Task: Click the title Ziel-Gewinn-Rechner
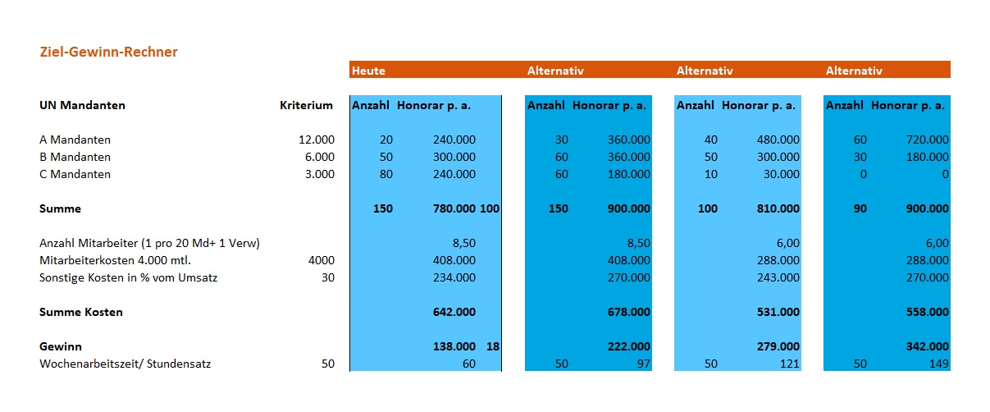tap(109, 53)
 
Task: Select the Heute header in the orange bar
tap(368, 71)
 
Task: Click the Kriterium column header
tap(306, 105)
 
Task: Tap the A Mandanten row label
tap(75, 140)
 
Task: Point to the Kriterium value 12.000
tap(317, 140)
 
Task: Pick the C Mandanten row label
tap(75, 174)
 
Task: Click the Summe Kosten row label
tap(81, 312)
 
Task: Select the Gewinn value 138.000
tap(454, 346)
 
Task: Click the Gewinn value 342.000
tap(927, 346)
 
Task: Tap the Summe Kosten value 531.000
tap(778, 312)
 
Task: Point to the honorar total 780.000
tap(454, 208)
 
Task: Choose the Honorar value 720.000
tap(927, 140)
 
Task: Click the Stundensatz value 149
tap(938, 364)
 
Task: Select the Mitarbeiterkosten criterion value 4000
tap(322, 260)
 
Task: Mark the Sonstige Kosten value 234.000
tap(454, 277)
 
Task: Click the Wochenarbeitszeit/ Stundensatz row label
tap(125, 364)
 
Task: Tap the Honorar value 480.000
tap(778, 140)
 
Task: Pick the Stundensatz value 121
tap(790, 364)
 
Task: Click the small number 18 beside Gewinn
tap(493, 346)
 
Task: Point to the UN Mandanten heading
tap(82, 105)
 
